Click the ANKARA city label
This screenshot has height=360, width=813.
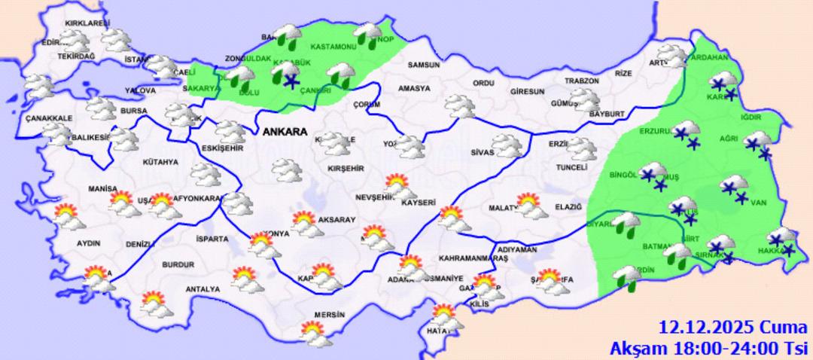point(285,132)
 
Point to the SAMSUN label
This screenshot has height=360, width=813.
point(423,66)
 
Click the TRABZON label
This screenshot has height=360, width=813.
point(582,81)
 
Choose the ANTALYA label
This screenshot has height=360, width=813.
point(203,289)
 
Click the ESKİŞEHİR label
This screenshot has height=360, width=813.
point(222,148)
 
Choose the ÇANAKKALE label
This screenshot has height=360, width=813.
point(48,119)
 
